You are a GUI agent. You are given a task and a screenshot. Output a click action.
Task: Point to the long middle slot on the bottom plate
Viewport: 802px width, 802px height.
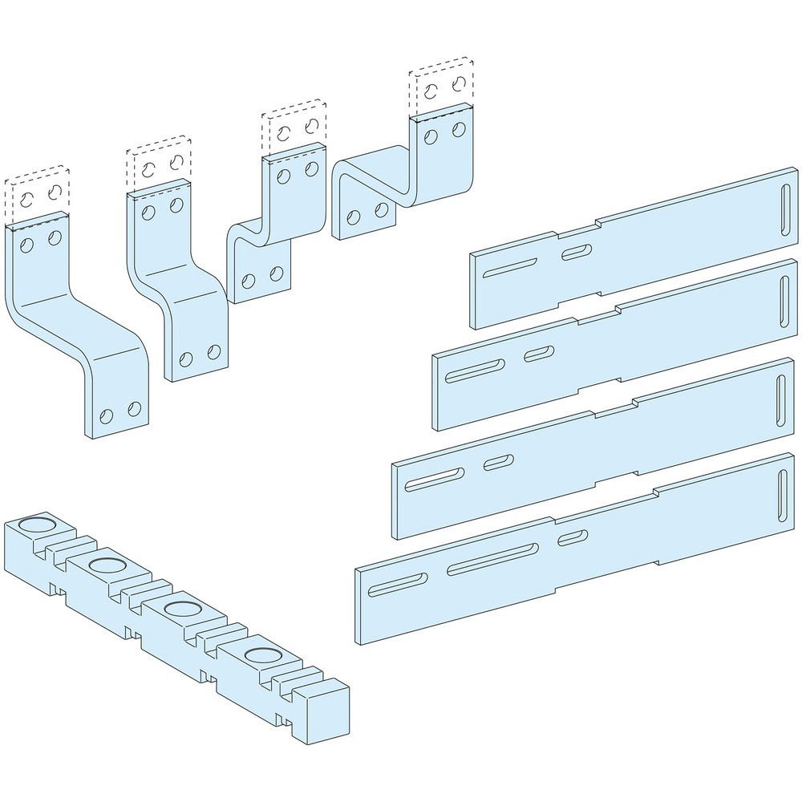pos(492,557)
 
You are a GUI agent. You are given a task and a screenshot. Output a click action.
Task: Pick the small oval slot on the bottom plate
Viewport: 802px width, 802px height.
pos(573,537)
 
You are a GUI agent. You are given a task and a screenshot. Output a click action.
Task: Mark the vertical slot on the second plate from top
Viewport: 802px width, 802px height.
pos(784,296)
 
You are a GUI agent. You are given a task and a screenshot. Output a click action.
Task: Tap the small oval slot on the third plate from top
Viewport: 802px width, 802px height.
pos(498,462)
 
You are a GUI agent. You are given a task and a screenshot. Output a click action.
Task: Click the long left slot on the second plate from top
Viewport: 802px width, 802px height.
pos(473,371)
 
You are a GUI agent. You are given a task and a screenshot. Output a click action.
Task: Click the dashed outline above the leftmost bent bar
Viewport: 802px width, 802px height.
pos(34,194)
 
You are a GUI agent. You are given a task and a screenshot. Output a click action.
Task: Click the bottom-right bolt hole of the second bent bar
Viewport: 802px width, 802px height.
pos(213,351)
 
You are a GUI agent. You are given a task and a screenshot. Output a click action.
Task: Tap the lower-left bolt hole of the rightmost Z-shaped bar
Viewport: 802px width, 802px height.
pos(354,217)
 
